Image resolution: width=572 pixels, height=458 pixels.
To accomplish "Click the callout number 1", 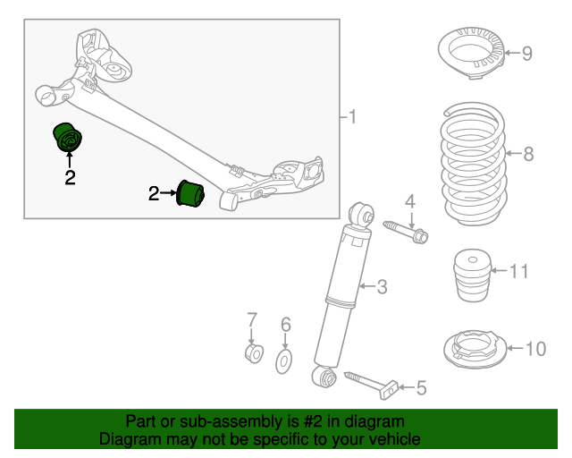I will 352,116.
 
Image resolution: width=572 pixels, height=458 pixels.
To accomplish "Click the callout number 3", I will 382,287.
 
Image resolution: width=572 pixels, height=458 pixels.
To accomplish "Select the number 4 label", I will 411,200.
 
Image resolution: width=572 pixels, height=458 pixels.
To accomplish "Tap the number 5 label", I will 421,387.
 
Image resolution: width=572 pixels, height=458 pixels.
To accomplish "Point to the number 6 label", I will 285,323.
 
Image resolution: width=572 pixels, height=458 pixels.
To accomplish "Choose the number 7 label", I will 252,318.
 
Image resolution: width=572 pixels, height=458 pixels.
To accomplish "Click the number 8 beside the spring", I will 528,154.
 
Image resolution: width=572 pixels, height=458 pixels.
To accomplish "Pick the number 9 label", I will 527,54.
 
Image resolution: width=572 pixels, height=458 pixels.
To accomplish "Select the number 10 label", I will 534,348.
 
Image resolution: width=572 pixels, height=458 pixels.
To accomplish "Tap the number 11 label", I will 519,269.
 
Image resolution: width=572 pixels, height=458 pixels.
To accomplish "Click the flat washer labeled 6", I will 284,360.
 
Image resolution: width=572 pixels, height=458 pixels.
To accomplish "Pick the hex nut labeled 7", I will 253,355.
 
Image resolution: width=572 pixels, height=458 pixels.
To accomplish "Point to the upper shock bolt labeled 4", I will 407,230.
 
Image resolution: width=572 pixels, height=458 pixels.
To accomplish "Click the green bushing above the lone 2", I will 67,139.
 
